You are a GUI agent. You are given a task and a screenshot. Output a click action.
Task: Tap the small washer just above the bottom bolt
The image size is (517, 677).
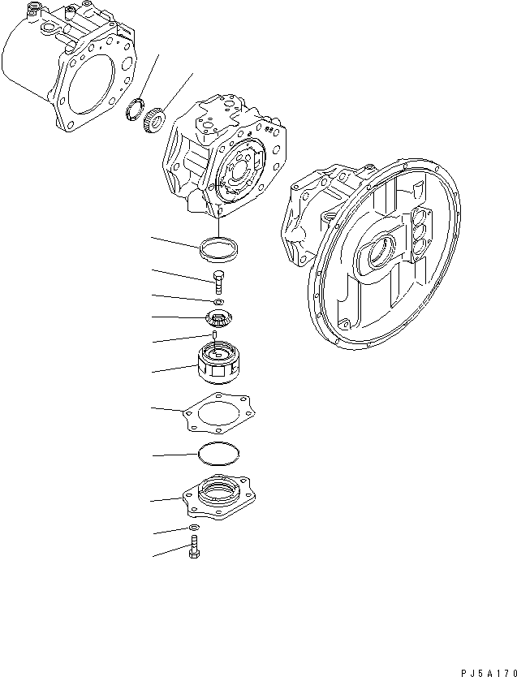point(195,528)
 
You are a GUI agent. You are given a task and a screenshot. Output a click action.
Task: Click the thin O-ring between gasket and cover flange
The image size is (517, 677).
point(217,453)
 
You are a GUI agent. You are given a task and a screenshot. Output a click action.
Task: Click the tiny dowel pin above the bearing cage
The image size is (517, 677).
point(214,334)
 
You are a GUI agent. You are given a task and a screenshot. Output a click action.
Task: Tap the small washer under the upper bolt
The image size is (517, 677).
point(218,302)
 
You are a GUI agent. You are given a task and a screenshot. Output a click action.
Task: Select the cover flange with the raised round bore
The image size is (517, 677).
point(218,496)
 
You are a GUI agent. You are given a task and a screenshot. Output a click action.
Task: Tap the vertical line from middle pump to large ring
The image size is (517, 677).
point(220,224)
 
